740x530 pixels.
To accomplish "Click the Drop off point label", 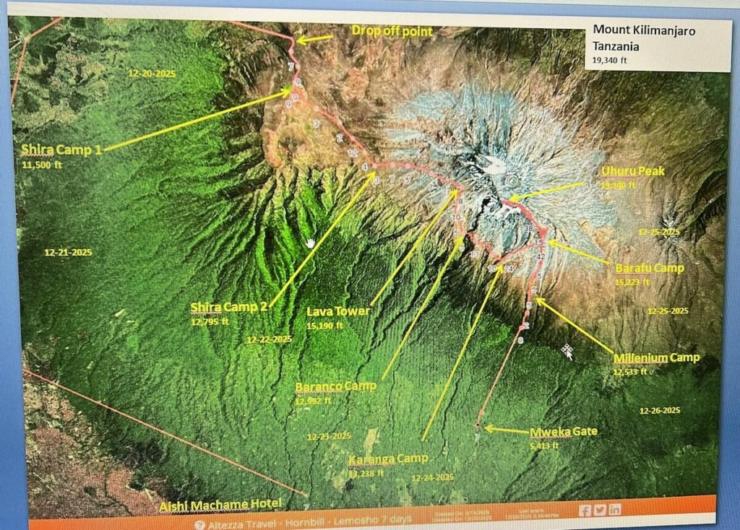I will pos(392,31).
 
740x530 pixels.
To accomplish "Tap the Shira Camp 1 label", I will pos(61,150).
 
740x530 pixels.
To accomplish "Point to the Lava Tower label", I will pos(338,312).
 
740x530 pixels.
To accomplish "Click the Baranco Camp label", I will pos(335,386).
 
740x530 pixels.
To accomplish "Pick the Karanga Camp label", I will pos(387,459).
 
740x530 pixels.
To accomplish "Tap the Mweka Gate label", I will pos(564,432).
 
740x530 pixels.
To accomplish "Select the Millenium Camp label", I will pos(656,358).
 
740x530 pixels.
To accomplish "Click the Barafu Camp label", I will pos(649,269).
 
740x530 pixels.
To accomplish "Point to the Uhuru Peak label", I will pos(632,172).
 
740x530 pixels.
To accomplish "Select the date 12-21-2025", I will pos(68,253).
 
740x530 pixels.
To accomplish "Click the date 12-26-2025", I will pos(660,410).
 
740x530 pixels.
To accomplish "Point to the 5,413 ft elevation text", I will pos(544,446).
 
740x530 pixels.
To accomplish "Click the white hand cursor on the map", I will pos(310,242).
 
